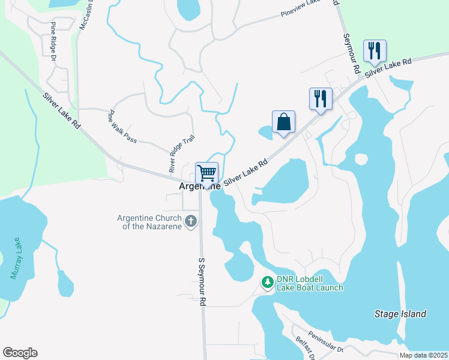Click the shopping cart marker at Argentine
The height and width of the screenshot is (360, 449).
[x=206, y=173]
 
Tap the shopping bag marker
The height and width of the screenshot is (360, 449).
[x=283, y=122]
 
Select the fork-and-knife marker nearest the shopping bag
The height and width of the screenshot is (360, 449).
[x=321, y=99]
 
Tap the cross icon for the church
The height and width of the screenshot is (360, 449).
[x=191, y=221]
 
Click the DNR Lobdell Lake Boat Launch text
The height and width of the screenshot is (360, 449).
[x=310, y=283]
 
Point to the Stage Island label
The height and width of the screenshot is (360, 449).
[x=400, y=314]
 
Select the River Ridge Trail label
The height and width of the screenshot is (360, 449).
[x=182, y=153]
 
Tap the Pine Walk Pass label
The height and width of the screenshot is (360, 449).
[x=122, y=126]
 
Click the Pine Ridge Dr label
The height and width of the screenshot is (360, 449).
[x=53, y=41]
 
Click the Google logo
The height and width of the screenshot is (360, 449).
[x=20, y=353]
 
